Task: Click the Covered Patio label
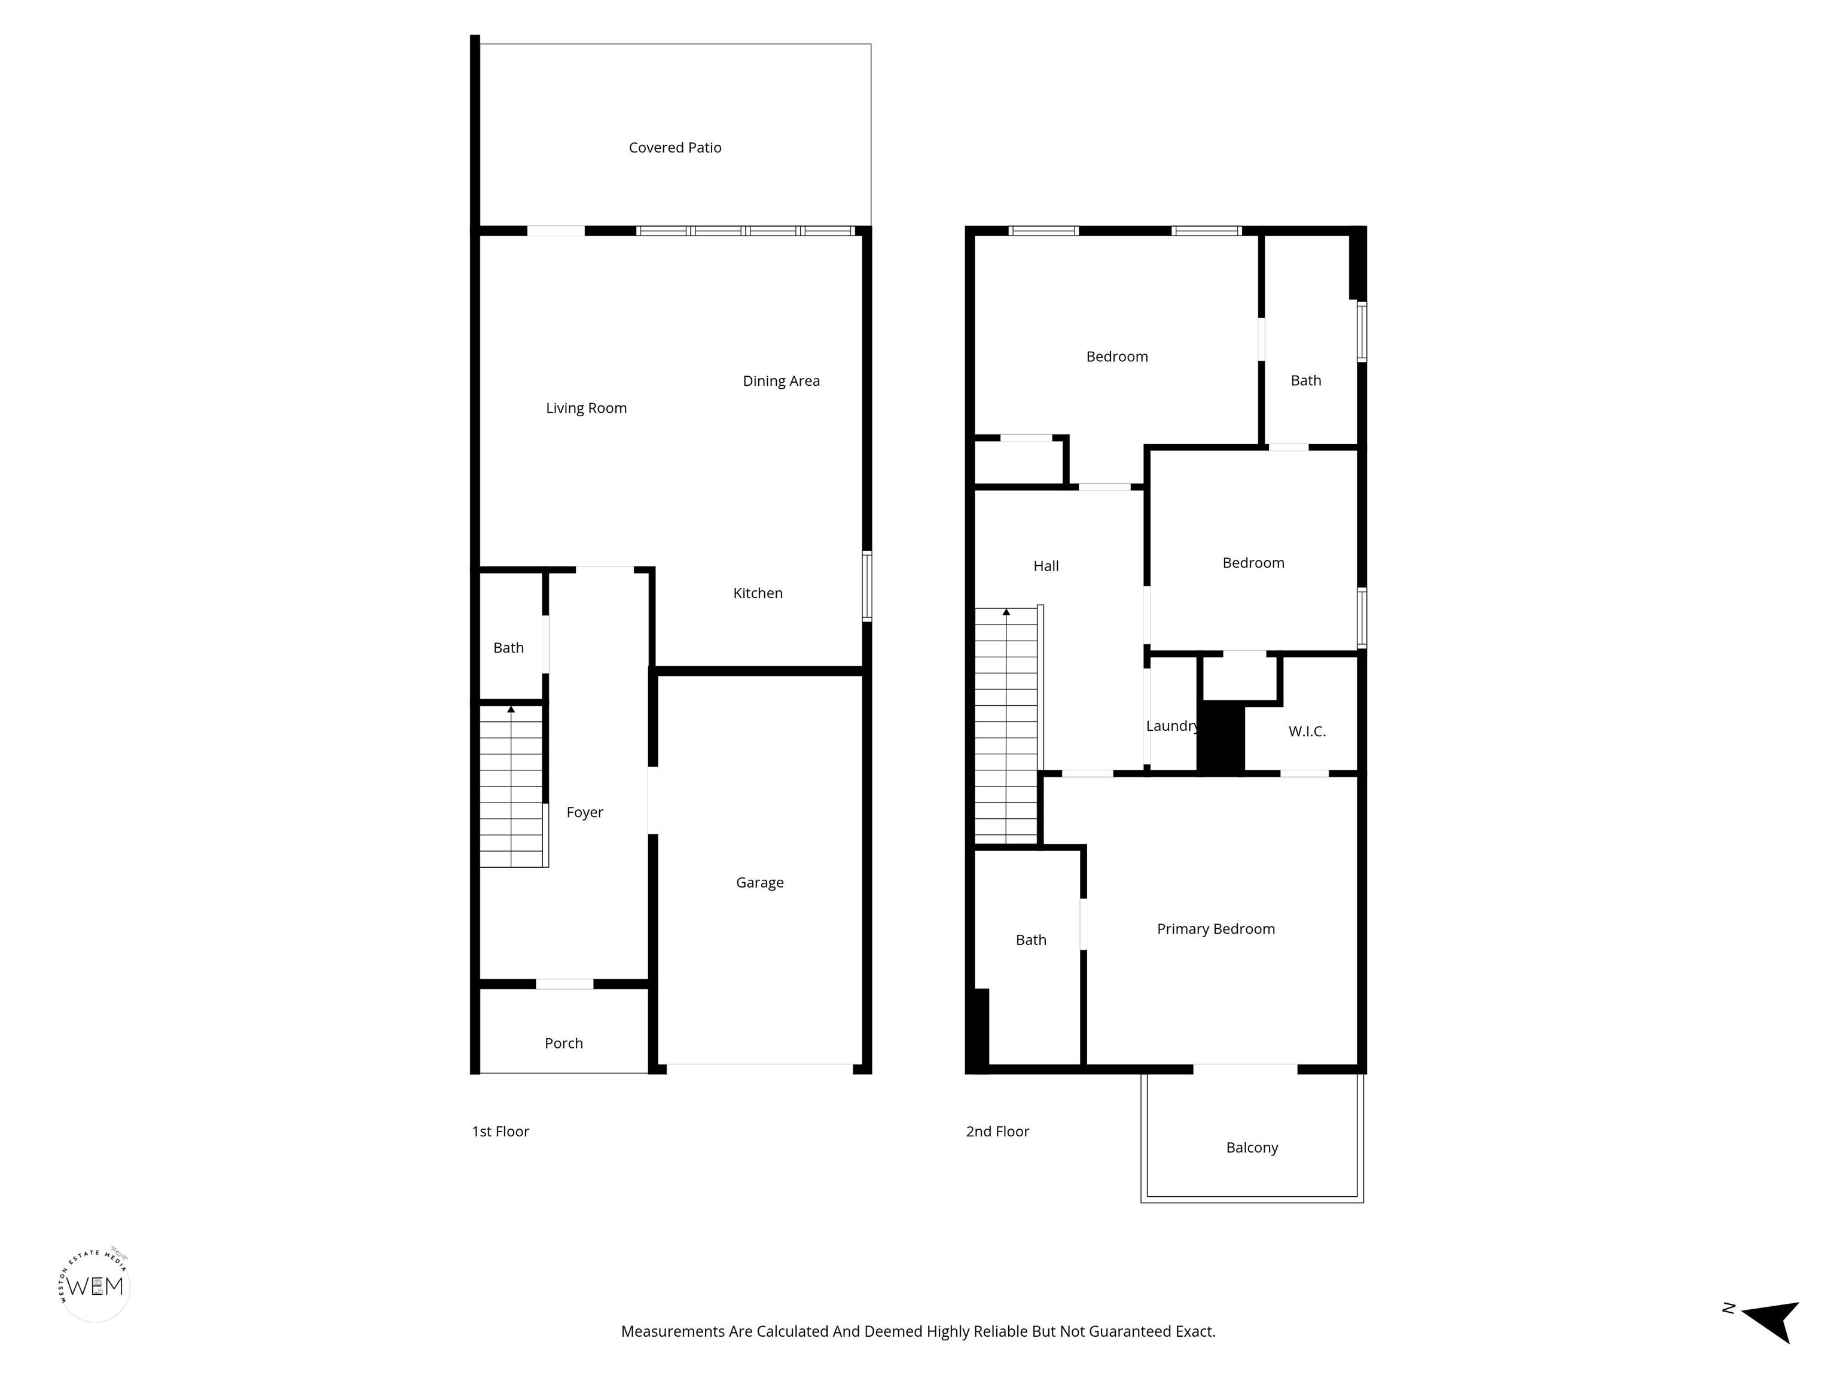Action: [675, 148]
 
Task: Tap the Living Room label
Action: [586, 408]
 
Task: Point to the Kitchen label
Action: [758, 593]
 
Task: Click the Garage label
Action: [760, 883]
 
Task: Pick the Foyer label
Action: [585, 812]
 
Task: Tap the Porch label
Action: [564, 1043]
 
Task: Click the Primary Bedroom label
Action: [1216, 929]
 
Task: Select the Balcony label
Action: [1252, 1148]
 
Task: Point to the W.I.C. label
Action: [1307, 732]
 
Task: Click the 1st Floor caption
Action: [500, 1132]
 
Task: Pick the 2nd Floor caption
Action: [997, 1132]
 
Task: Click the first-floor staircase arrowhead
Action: [511, 709]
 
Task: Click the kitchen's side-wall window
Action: [867, 586]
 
